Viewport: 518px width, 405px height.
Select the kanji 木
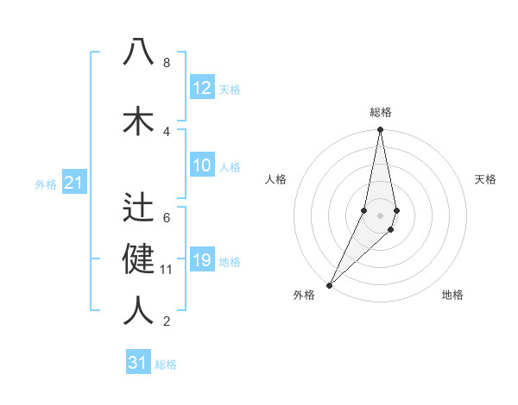point(138,119)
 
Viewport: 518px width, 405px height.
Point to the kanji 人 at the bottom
point(138,308)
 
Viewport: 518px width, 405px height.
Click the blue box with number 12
point(202,88)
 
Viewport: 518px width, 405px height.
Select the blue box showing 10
point(202,165)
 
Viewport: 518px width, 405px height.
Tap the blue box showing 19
point(202,260)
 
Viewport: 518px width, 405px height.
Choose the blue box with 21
point(73,183)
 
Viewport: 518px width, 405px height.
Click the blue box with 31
point(138,363)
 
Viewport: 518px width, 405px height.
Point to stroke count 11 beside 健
point(167,270)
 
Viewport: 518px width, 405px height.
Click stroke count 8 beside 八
point(166,63)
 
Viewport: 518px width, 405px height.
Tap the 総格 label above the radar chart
point(381,112)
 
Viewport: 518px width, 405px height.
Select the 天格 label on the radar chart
point(485,179)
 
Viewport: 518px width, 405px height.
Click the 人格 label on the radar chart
point(275,179)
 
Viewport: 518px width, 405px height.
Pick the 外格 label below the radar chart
point(304,295)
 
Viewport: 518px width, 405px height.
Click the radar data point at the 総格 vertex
point(381,130)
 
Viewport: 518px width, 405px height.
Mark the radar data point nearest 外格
point(330,284)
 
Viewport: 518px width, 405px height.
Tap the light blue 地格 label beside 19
point(231,261)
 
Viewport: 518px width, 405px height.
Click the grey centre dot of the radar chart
point(381,215)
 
